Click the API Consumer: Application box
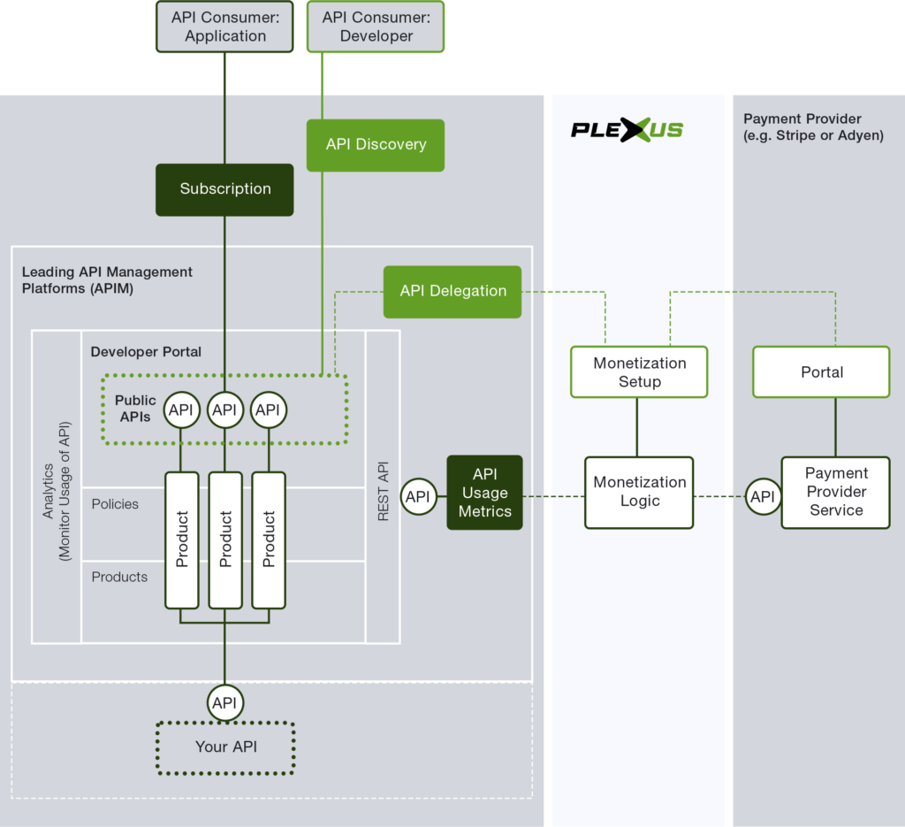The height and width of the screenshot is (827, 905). tap(224, 27)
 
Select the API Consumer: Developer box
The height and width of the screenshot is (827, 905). tap(375, 27)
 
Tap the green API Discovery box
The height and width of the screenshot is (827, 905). tap(376, 144)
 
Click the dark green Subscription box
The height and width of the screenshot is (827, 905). tap(224, 188)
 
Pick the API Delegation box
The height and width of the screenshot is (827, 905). tap(452, 291)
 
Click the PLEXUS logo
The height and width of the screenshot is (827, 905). tap(627, 130)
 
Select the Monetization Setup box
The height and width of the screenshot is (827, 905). tap(639, 372)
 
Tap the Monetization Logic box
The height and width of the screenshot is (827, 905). tap(639, 492)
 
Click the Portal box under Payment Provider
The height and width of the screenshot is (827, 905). tap(821, 372)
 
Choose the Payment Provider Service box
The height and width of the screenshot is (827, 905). tap(835, 492)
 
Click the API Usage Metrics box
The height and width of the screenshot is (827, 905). tap(484, 493)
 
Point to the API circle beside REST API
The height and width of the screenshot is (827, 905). tap(418, 497)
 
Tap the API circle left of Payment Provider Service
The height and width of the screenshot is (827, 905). tap(762, 497)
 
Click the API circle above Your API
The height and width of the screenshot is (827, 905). tap(224, 703)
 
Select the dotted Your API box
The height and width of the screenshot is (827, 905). tap(225, 747)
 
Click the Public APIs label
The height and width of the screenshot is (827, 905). tap(135, 408)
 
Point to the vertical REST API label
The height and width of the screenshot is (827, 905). tap(384, 490)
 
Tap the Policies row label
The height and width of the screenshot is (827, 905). tap(115, 504)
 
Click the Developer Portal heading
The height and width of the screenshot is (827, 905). tap(146, 351)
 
